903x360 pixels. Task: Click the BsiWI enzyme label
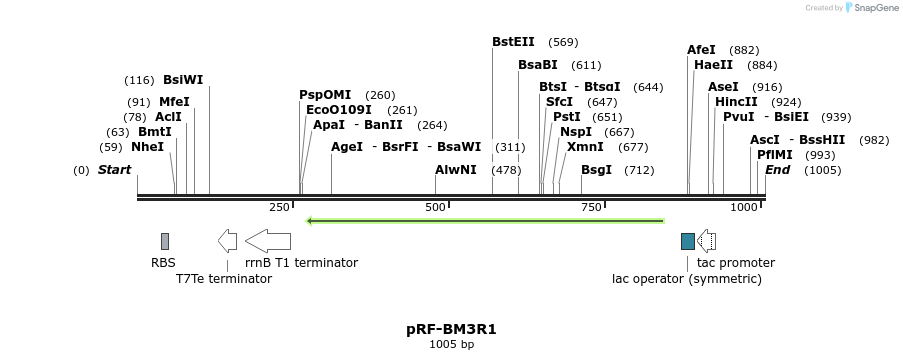click(183, 80)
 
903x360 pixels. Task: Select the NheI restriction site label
click(147, 147)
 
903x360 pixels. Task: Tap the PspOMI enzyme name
click(325, 95)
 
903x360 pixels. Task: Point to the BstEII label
click(513, 42)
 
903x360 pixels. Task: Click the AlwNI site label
click(456, 170)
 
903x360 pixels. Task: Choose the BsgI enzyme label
click(596, 170)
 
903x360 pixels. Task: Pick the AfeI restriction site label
click(701, 50)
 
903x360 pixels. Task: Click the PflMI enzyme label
click(774, 155)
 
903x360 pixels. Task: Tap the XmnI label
click(585, 147)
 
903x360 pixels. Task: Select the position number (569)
click(563, 43)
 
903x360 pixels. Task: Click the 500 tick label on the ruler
click(435, 207)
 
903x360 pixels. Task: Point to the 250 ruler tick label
click(278, 207)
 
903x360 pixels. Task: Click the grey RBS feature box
click(165, 241)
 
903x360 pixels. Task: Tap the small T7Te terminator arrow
click(227, 240)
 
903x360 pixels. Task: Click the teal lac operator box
click(687, 241)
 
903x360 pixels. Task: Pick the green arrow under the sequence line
click(485, 220)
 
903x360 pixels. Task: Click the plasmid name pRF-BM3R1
click(451, 328)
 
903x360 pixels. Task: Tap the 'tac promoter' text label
click(735, 263)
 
